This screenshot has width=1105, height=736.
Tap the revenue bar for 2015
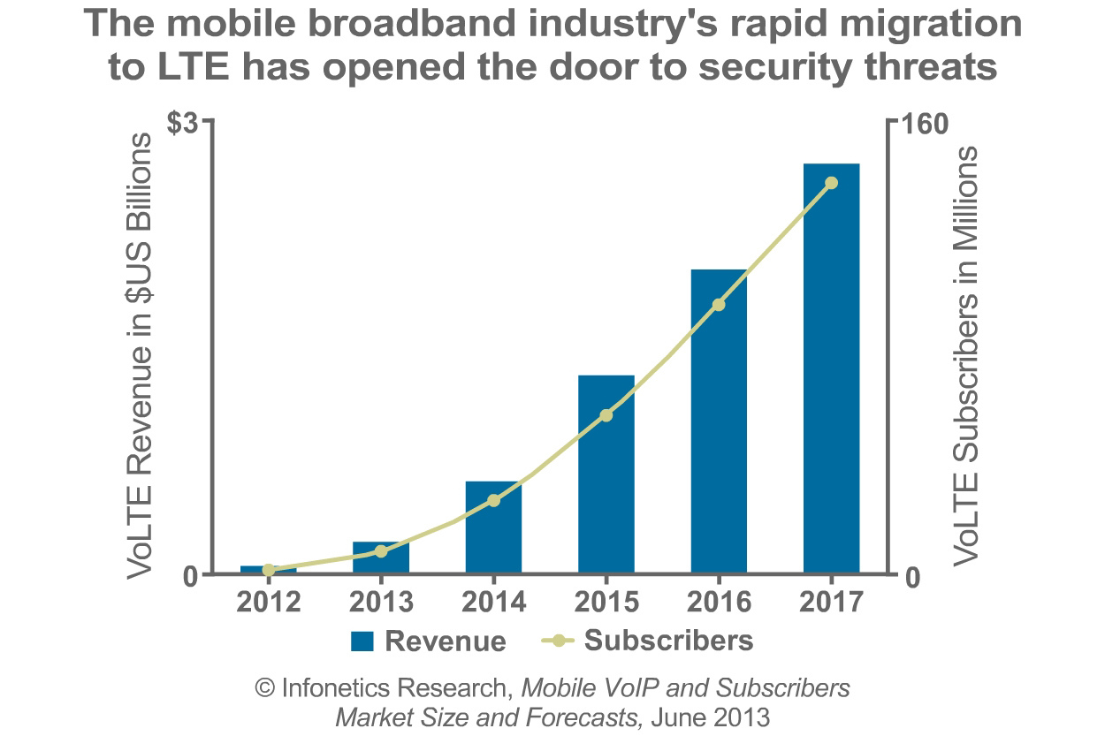[x=606, y=477]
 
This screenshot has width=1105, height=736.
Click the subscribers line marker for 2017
[x=831, y=183]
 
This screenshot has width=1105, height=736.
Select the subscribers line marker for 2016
[x=719, y=305]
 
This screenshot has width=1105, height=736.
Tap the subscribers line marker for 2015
[x=606, y=414]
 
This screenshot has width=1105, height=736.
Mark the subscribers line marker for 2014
[x=494, y=500]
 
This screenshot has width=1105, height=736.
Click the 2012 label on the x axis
[x=268, y=603]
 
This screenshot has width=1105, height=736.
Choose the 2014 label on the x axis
[x=493, y=603]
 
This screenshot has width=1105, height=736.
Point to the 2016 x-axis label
[x=719, y=603]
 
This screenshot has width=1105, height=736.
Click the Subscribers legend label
[x=668, y=641]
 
